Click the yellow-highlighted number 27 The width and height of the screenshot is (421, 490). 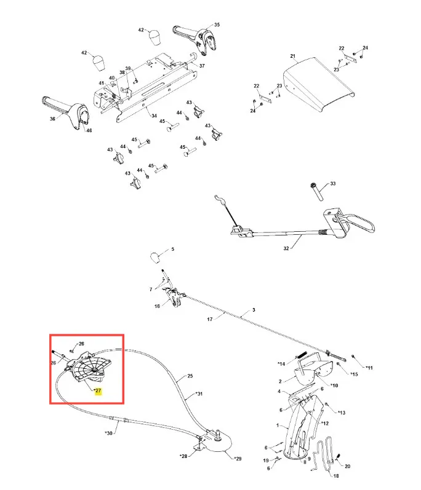(98, 390)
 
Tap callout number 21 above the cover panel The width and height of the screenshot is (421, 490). (292, 56)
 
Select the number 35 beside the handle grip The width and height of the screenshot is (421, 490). (217, 25)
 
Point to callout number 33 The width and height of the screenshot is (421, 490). (333, 183)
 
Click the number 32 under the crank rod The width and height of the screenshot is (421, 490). (286, 248)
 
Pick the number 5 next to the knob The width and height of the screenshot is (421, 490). (173, 250)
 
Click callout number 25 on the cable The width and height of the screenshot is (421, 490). (190, 376)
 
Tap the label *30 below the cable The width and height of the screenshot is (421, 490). (108, 433)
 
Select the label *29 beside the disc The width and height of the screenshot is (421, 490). (238, 459)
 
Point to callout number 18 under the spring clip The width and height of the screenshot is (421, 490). (336, 476)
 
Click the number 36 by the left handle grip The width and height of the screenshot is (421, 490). (52, 119)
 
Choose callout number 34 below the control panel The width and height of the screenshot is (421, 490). (154, 116)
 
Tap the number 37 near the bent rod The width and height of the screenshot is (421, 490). (202, 66)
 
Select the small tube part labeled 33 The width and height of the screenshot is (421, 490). (316, 192)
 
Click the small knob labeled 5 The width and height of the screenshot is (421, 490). (155, 258)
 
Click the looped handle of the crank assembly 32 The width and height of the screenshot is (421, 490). (359, 223)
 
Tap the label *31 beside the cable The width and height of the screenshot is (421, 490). (199, 393)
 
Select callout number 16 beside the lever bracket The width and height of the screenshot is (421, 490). (157, 306)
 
